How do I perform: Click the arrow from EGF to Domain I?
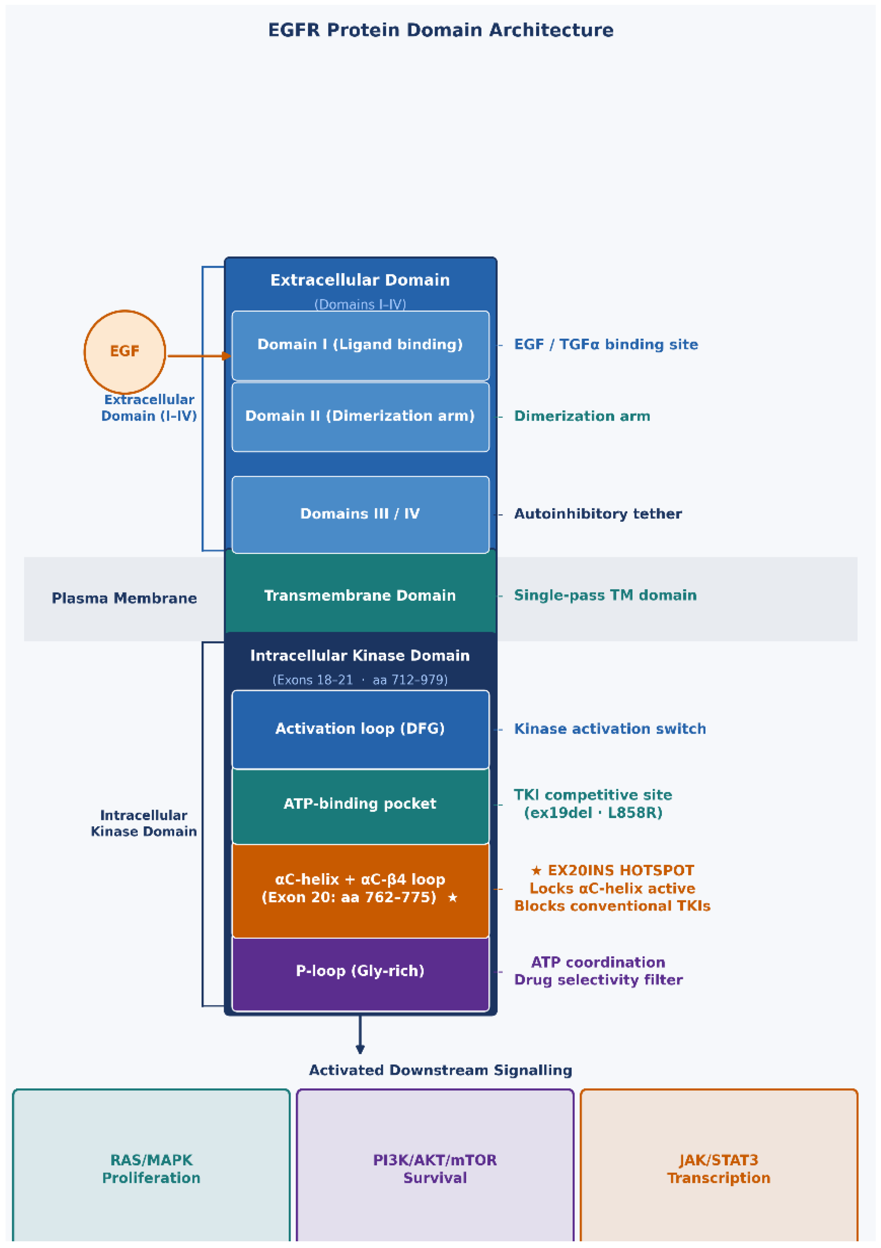point(199,356)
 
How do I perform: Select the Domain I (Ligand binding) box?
point(360,345)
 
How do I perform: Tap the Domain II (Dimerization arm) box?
point(360,417)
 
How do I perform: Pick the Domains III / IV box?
point(360,514)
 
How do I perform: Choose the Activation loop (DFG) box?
point(360,730)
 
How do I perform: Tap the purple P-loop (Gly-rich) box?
point(360,974)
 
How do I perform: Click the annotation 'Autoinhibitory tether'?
point(598,514)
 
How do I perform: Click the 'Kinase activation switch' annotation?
point(610,728)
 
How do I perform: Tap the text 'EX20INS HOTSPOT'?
point(620,870)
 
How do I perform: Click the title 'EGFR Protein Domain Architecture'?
point(440,30)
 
